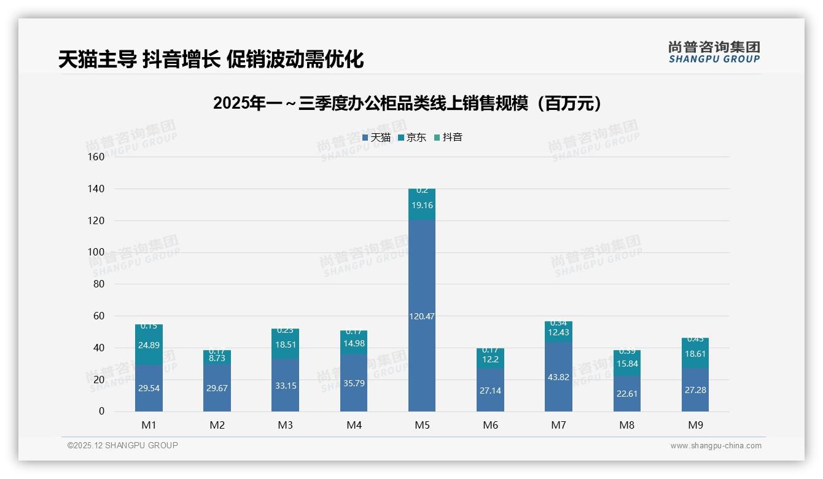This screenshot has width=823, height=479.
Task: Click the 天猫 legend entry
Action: click(376, 138)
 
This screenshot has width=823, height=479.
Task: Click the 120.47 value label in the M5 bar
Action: click(422, 316)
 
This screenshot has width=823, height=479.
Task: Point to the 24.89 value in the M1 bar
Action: click(149, 345)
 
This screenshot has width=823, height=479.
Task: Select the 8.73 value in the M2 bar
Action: click(217, 357)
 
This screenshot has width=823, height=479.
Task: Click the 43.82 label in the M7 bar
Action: click(558, 377)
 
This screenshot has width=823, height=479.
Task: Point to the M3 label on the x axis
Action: click(285, 425)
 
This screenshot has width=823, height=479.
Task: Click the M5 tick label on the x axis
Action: click(422, 425)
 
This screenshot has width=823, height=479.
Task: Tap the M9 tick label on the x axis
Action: click(695, 425)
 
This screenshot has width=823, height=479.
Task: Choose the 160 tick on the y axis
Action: click(96, 157)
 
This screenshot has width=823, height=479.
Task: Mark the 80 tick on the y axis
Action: click(98, 284)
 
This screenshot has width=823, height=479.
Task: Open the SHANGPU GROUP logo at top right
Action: click(714, 52)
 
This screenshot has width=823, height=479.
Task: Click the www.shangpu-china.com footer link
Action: click(716, 446)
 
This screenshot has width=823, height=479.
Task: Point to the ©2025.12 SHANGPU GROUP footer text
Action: click(123, 445)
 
